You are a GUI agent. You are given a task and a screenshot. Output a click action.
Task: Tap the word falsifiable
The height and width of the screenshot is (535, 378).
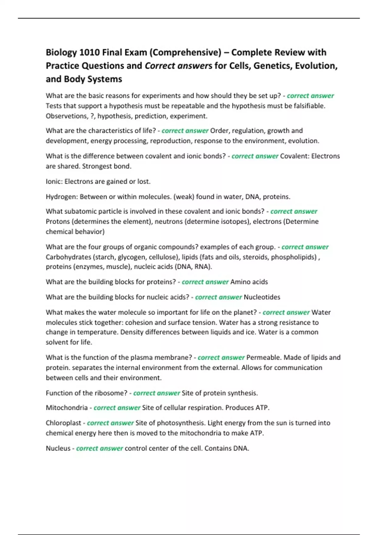309,106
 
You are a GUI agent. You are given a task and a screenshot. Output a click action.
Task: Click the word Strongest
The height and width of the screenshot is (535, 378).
97,166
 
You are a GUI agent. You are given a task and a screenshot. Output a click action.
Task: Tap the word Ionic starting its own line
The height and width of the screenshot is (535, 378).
54,182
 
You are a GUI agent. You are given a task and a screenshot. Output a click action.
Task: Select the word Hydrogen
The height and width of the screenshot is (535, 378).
61,197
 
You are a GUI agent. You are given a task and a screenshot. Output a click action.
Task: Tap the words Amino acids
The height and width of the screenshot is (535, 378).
249,282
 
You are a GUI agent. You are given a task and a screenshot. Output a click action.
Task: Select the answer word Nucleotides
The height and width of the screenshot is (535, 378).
262,297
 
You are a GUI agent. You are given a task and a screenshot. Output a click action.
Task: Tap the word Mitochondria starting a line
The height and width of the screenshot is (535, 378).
67,408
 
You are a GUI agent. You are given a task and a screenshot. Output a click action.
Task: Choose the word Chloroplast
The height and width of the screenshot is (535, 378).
63,423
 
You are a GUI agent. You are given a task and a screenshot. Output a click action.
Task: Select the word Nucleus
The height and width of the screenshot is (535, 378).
58,448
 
